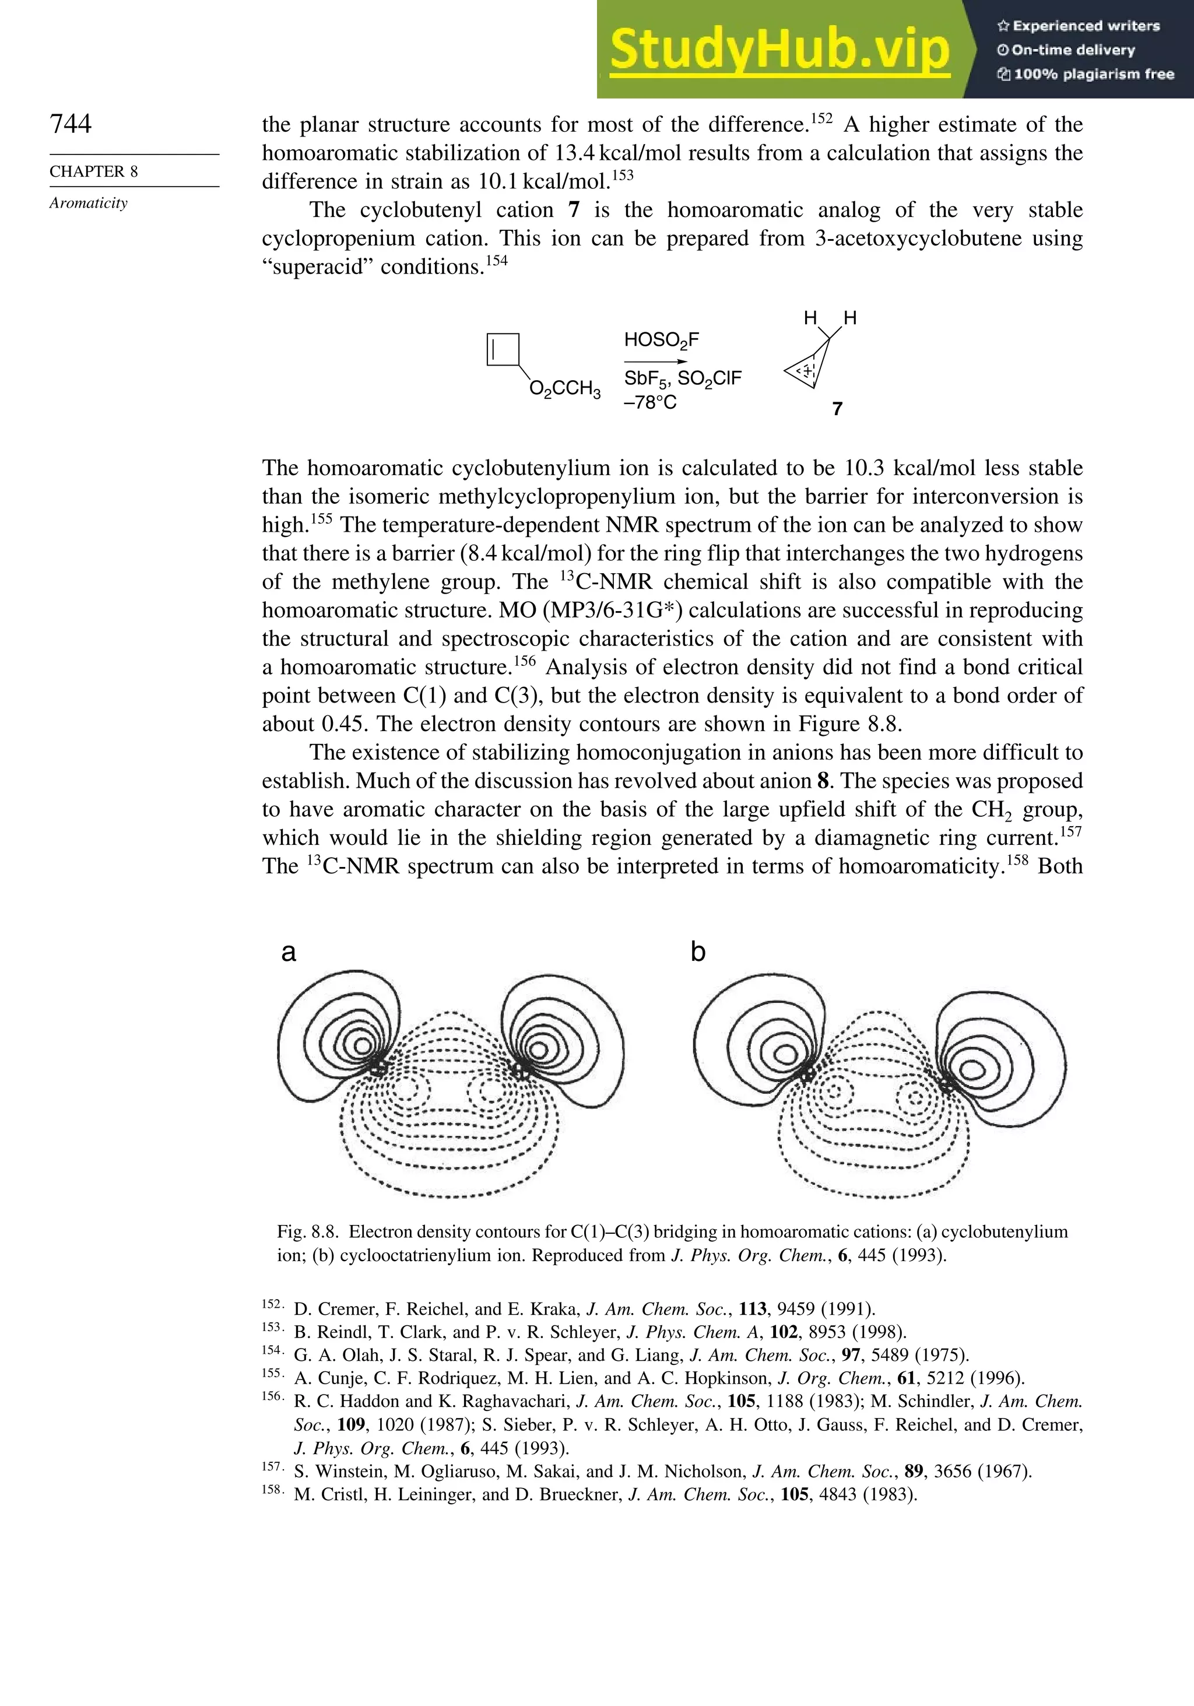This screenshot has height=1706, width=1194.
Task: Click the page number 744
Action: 71,124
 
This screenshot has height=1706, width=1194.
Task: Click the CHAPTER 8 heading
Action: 94,171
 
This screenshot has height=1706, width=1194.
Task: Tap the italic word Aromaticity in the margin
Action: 89,203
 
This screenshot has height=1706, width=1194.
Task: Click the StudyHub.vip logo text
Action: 779,49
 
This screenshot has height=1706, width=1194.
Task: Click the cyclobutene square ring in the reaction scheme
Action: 503,350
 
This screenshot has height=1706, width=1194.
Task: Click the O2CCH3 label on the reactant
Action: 565,389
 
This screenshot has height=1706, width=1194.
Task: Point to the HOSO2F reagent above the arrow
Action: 661,341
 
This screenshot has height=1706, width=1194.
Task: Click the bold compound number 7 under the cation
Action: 837,409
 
